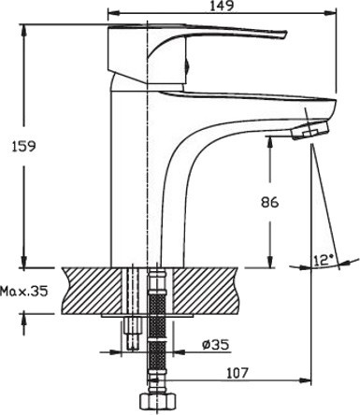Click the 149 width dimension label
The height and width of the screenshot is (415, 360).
pos(223,6)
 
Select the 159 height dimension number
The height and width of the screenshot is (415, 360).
pos(24,146)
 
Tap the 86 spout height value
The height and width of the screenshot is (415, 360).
pos(269,203)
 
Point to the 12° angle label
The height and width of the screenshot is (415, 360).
pos(324,260)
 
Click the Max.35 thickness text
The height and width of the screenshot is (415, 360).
pos(24,292)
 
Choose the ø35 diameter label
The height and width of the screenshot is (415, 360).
pos(215,344)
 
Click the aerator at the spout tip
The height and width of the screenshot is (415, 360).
pos(310,132)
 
